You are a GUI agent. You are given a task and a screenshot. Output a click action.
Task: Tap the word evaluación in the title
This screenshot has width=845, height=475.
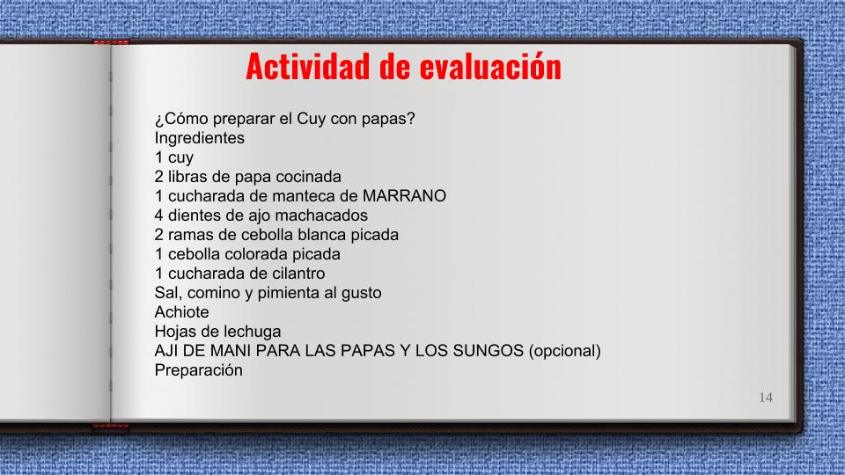coord(490,66)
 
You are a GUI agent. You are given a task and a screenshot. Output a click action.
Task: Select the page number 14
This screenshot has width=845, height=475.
coord(766,398)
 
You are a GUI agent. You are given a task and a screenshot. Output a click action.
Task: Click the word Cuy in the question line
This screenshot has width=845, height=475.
coord(312,119)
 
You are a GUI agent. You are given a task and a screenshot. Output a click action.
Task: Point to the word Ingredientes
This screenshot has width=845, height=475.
coord(200,138)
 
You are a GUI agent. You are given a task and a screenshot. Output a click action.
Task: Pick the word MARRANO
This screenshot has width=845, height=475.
coord(404,196)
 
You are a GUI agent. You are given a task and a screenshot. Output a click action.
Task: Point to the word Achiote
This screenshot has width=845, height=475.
coord(181,312)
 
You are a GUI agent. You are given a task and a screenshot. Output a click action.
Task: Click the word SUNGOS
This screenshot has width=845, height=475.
coord(489,351)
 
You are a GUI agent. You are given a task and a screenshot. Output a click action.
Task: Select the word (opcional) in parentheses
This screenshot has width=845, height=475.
coord(565,351)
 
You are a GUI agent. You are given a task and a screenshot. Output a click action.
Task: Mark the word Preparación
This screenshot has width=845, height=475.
coord(198,370)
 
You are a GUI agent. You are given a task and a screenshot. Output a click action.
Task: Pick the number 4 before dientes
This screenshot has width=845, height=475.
coord(159,216)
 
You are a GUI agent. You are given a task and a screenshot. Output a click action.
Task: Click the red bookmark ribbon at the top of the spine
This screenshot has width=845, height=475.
coord(111,42)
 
